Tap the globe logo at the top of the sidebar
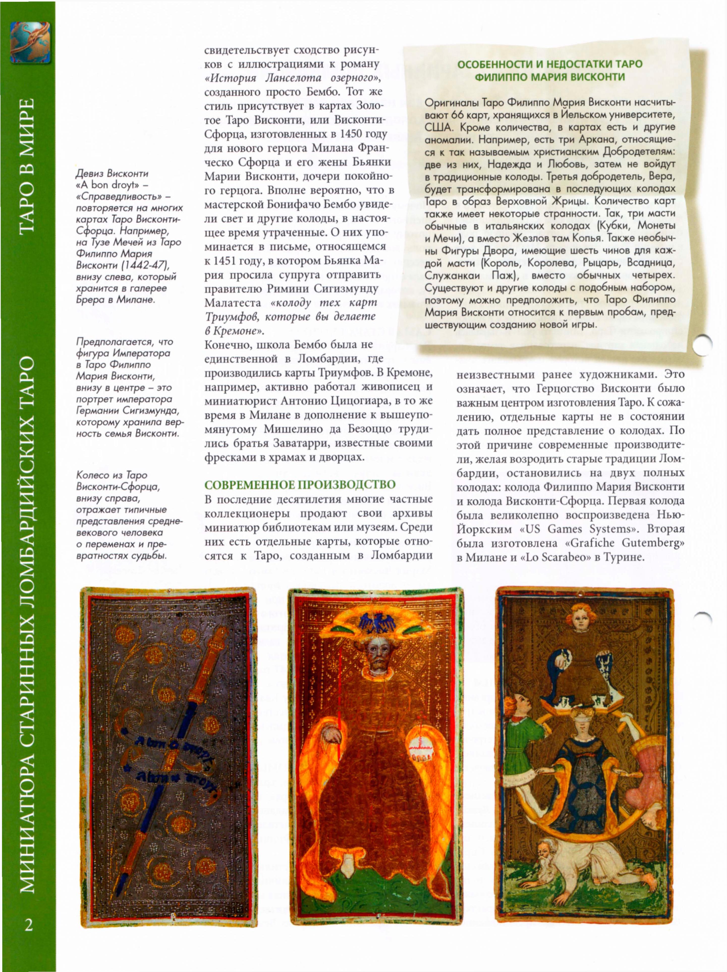(x=30, y=43)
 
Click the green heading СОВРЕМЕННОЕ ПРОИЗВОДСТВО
(x=300, y=485)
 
